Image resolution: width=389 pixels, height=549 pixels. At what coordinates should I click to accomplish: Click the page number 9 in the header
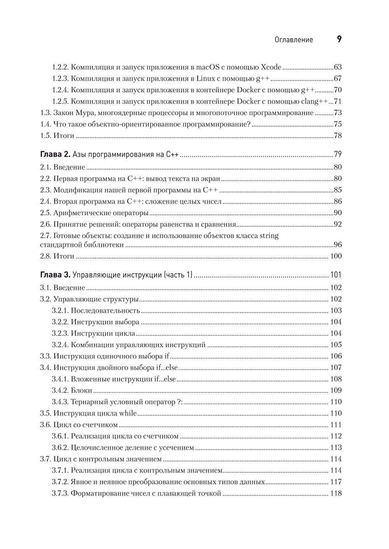[x=339, y=39]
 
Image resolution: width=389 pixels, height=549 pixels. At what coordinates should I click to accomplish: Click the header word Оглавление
[x=294, y=40]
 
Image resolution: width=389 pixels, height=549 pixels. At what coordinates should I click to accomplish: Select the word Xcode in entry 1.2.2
[x=268, y=67]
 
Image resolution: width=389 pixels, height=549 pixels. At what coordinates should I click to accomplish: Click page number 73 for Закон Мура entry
[x=337, y=113]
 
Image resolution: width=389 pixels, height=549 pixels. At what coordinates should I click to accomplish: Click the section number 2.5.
[x=46, y=213]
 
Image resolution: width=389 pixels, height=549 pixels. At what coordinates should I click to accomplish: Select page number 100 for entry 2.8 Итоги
[x=336, y=256]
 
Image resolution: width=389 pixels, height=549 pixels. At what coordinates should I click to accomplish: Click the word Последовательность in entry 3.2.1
[x=105, y=311]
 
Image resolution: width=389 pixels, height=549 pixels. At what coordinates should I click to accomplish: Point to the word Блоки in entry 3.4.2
[x=82, y=390]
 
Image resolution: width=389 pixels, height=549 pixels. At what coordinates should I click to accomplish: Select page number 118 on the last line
[x=336, y=493]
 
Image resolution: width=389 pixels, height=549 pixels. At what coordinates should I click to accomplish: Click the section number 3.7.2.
[x=60, y=482]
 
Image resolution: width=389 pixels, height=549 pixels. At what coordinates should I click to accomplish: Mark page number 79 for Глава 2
[x=337, y=155]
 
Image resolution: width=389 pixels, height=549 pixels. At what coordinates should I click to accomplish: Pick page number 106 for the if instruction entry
[x=336, y=356]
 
